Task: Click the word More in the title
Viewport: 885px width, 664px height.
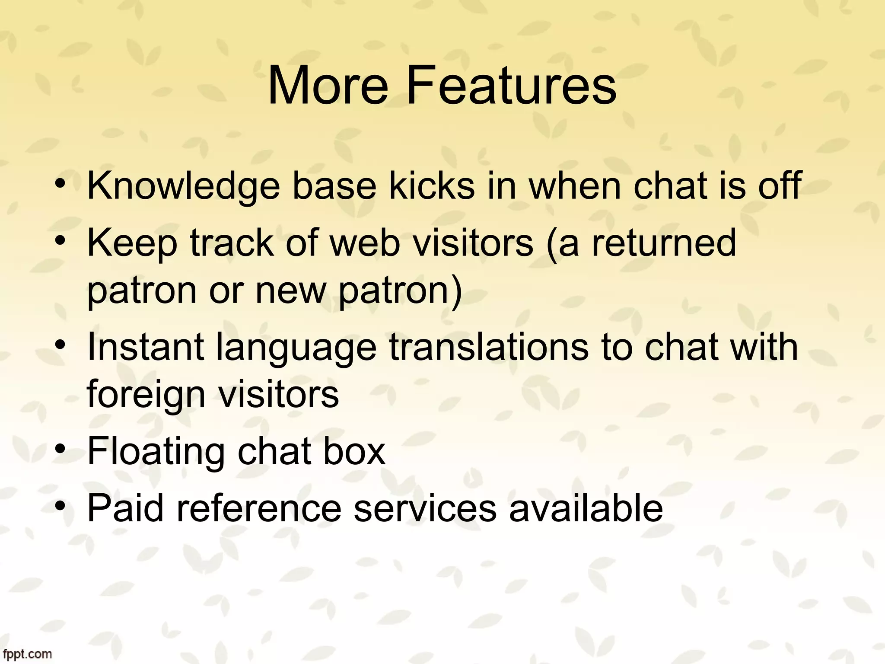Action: pos(328,85)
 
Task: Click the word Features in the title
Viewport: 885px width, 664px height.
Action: pos(511,85)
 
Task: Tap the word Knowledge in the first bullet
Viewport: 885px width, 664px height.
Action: pos(183,186)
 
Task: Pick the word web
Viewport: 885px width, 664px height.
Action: pos(365,243)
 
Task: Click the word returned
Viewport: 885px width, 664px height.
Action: pos(663,243)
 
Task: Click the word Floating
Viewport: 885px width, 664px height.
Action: pos(156,451)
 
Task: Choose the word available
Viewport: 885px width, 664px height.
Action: pos(586,508)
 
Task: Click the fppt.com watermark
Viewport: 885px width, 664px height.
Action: pos(27,654)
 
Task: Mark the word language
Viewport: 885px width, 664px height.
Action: pos(296,348)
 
